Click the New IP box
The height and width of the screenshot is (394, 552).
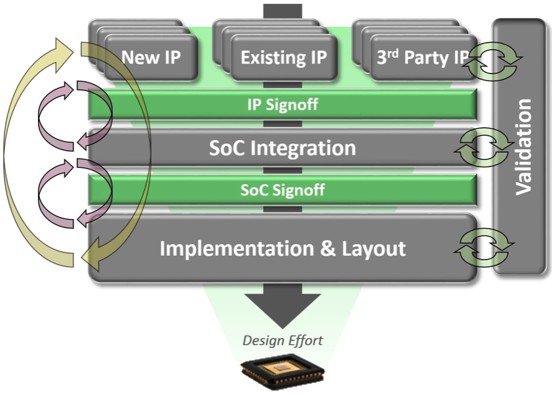coord(151,58)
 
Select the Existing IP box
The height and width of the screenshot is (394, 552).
coord(284,58)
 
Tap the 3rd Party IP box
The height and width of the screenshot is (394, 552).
coord(422,58)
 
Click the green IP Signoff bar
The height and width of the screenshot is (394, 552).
coord(283,105)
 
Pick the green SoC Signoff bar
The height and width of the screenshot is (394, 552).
coord(283,189)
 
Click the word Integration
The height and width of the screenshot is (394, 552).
coord(303,148)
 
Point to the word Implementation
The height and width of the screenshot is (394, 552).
coord(237,248)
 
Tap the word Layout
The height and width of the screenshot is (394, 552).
coord(374,248)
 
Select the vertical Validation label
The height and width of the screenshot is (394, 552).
coord(523,147)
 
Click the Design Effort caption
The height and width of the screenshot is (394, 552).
coord(283,340)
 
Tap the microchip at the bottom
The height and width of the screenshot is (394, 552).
coord(283,374)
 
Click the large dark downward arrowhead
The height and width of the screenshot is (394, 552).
coord(283,311)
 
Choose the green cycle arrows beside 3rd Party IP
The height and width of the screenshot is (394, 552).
coord(494,58)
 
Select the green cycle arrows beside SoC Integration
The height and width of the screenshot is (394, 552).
coord(483,148)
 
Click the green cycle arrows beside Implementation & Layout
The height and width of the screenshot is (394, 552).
coord(484,247)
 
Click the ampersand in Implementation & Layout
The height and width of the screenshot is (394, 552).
coord(328,248)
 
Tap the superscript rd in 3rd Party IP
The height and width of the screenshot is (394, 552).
coord(393,54)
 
